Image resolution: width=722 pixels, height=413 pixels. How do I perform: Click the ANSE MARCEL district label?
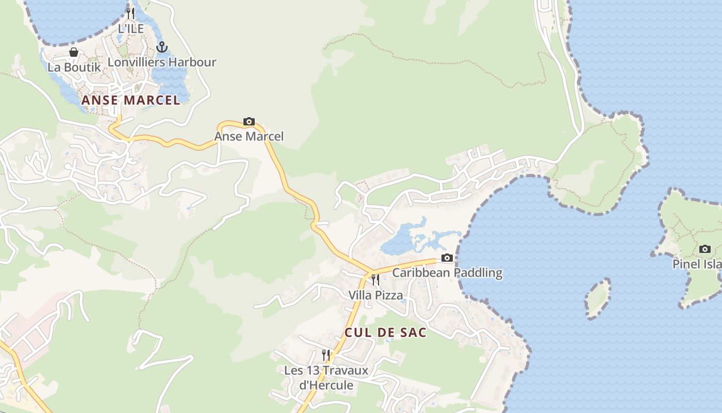131,100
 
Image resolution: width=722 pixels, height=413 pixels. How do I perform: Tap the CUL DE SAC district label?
385,332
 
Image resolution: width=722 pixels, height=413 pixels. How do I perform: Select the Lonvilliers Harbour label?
162,62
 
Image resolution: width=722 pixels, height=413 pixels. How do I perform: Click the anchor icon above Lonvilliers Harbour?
162,47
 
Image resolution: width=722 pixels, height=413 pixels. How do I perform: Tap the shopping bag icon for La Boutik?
74,52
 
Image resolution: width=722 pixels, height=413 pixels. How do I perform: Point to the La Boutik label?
74,67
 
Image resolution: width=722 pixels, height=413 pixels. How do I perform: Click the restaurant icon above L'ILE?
130,13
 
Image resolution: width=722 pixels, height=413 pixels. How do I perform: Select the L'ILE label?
130,29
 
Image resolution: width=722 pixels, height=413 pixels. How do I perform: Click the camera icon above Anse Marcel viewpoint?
249,122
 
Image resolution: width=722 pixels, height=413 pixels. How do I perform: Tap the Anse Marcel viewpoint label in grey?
249,137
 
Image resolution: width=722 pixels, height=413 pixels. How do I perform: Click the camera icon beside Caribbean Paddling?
447,258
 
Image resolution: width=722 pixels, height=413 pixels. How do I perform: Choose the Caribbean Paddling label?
447,273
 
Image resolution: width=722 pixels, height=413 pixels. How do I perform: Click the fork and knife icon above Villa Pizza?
375,280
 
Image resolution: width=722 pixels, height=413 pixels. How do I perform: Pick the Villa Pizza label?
375,295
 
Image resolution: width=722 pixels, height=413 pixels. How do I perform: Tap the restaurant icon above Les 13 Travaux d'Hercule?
326,355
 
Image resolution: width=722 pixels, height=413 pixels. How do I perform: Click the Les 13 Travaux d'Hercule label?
326,378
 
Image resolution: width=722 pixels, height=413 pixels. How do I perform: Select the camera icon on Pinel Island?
705,249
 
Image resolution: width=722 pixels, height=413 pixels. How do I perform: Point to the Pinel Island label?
697,264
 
